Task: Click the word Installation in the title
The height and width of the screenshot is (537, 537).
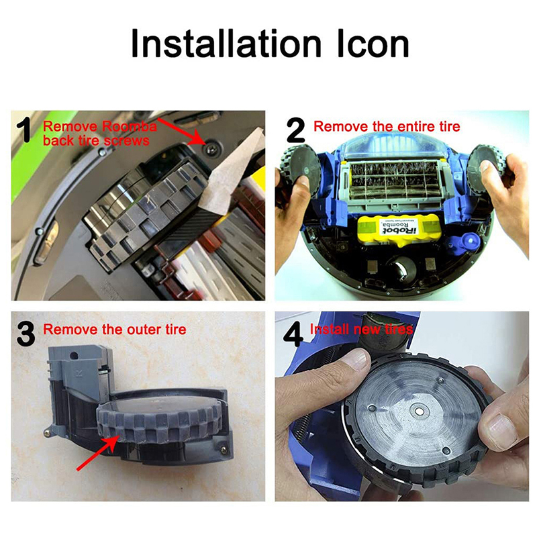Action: click(x=226, y=44)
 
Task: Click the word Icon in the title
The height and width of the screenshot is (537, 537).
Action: click(x=373, y=44)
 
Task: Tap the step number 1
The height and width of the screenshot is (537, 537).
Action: click(x=25, y=130)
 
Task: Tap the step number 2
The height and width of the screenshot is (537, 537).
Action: click(x=295, y=130)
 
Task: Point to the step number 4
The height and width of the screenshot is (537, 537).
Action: click(x=293, y=334)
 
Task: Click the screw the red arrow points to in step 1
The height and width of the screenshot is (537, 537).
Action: click(x=211, y=147)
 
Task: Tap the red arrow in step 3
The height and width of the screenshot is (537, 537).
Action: click(x=98, y=451)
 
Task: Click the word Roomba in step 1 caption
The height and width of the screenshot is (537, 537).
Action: click(x=130, y=126)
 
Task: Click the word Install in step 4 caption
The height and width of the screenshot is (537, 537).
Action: click(x=330, y=329)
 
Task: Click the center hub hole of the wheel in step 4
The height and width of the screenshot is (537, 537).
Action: click(x=418, y=410)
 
